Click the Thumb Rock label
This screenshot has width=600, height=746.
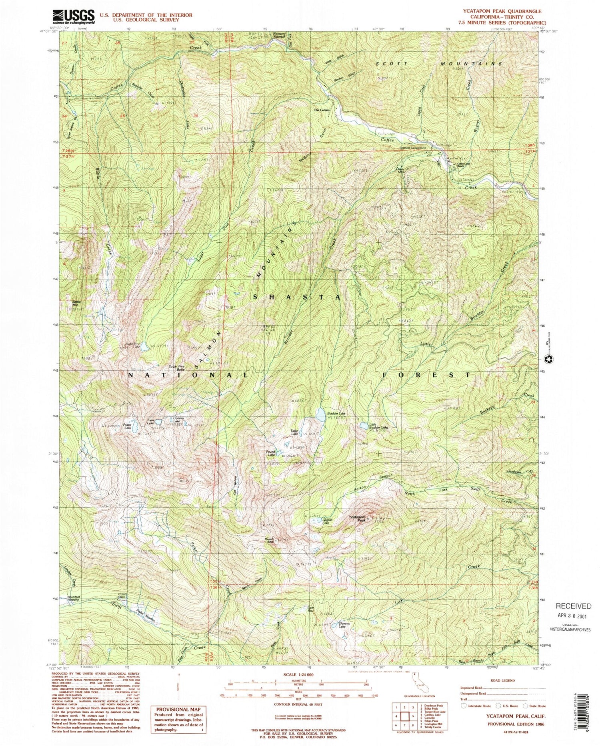point(269,541)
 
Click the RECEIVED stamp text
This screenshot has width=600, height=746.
point(572,606)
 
